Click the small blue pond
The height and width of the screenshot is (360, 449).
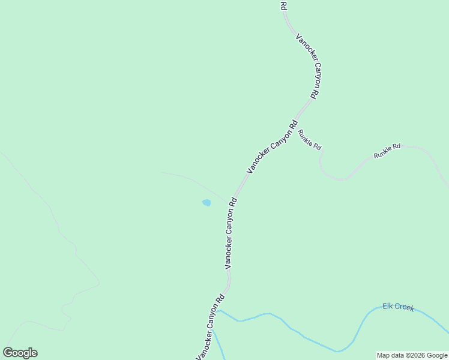[206, 203]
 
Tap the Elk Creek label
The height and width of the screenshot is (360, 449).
[399, 307]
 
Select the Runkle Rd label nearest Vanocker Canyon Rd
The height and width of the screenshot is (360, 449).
[310, 140]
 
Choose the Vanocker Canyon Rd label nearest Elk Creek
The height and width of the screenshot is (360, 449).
[210, 327]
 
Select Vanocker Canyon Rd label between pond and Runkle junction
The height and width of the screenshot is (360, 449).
[272, 148]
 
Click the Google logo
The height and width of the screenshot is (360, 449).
[20, 353]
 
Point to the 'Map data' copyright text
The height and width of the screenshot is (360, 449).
[412, 355]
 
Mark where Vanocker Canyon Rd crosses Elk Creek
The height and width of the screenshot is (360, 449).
[217, 311]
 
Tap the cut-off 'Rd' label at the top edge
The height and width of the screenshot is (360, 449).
[283, 5]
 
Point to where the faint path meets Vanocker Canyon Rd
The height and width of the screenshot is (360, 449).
[232, 202]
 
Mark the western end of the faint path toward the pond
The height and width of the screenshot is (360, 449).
[161, 172]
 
